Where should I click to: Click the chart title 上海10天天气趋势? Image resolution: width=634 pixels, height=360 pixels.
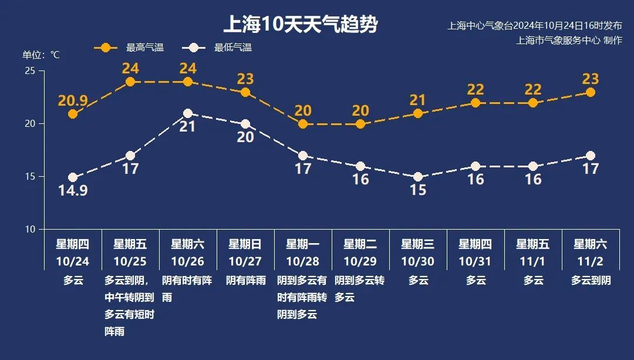(300, 25)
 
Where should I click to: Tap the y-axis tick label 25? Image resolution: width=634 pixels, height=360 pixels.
(30, 71)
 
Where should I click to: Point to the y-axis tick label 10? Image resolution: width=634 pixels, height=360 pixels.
(30, 229)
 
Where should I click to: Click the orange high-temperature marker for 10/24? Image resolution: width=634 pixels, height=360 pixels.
(73, 114)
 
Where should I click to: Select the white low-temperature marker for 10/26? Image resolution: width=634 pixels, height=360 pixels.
(188, 113)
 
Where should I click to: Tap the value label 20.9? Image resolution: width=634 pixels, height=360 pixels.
(73, 100)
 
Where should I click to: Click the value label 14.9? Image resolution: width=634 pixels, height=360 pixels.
(73, 190)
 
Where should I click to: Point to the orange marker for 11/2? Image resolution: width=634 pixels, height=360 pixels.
(591, 92)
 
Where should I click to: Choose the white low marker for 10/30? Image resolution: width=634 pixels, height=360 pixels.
(418, 177)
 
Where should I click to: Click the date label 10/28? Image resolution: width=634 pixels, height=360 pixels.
(303, 261)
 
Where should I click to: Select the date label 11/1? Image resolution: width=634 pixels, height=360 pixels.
(533, 261)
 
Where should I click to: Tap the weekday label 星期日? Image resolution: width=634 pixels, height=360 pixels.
(245, 244)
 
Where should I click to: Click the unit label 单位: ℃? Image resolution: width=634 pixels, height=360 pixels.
(41, 55)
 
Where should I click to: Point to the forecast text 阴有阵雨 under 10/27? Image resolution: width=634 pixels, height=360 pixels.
(245, 281)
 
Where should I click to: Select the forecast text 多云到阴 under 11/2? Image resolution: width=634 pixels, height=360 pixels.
(591, 281)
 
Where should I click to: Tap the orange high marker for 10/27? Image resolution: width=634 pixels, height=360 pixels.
(245, 92)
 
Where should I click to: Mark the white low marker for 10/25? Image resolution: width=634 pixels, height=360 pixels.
(130, 156)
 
